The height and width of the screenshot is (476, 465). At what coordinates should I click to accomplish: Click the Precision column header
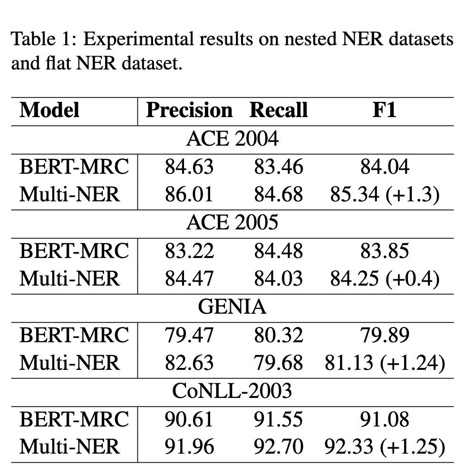click(x=189, y=110)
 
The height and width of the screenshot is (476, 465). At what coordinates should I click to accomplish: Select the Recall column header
click(x=279, y=110)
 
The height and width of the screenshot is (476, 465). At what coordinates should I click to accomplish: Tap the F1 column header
click(x=384, y=110)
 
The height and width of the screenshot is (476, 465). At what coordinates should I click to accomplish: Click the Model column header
click(x=49, y=110)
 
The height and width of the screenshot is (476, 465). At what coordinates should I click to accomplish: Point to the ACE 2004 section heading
click(x=232, y=139)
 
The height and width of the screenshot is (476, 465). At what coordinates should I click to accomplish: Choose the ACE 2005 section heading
click(x=232, y=223)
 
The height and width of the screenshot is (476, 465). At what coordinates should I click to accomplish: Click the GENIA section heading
click(x=232, y=307)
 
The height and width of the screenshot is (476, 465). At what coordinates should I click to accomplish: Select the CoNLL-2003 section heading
click(x=232, y=391)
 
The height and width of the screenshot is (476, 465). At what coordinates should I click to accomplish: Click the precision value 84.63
click(x=189, y=167)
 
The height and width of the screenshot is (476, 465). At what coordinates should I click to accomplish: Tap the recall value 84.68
click(x=278, y=195)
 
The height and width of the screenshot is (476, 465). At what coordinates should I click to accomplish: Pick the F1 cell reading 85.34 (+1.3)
click(x=384, y=195)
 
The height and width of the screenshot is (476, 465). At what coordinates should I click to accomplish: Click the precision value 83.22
click(x=189, y=251)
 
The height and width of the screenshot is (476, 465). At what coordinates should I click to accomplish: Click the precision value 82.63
click(x=189, y=363)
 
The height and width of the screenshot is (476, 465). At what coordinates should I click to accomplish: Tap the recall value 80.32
click(x=278, y=335)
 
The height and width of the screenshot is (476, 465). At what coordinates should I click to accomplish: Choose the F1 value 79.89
click(x=384, y=335)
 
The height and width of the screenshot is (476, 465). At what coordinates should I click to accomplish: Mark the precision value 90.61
click(x=189, y=419)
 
